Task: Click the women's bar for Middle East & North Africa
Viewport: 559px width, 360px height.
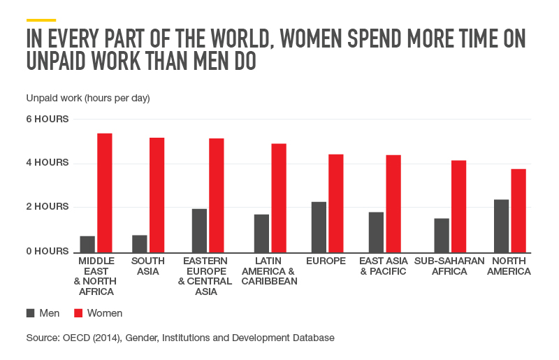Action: (105, 193)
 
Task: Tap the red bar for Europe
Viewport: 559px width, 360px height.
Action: (335, 203)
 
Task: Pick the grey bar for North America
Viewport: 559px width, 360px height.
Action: (501, 226)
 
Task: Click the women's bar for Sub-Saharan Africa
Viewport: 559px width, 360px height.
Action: (458, 206)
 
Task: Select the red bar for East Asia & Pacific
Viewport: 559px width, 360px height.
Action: (393, 203)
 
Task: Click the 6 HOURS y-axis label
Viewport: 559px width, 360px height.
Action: (48, 119)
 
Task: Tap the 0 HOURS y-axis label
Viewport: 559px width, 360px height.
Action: (48, 251)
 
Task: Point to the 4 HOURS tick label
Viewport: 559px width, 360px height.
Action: (48, 163)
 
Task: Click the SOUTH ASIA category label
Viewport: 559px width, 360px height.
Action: (147, 266)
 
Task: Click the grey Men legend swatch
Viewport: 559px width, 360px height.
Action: (31, 313)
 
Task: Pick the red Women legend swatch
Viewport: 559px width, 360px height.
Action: (78, 313)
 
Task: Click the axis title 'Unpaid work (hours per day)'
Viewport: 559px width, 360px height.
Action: (88, 98)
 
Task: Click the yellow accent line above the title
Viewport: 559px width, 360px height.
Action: (41, 20)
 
